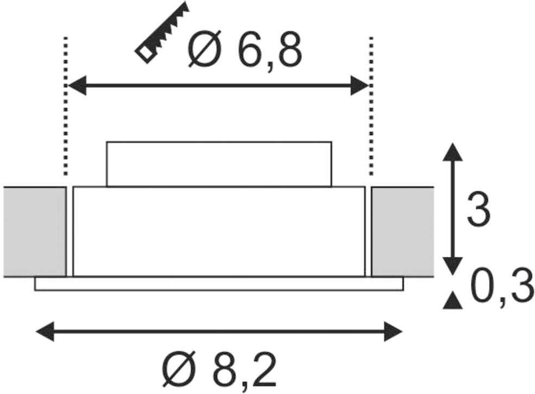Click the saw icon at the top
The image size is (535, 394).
[161, 33]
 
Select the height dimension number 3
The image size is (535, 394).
[478, 209]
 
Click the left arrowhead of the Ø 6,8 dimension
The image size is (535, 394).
[77, 85]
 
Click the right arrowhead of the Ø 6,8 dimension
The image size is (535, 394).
[359, 85]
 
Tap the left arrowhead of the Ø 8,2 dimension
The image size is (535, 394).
[45, 331]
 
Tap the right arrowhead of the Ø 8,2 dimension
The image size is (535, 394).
[393, 331]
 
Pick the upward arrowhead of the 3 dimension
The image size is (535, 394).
[452, 152]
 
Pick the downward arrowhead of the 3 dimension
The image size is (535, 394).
[452, 266]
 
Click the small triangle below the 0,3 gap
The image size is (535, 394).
[452, 300]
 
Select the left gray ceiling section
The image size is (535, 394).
[34, 232]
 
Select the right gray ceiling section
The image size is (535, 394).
[402, 232]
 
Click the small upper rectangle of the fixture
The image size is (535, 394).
[219, 164]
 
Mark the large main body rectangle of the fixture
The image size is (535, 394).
[219, 231]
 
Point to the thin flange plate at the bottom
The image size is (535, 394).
[219, 284]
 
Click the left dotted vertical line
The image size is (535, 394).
[66, 106]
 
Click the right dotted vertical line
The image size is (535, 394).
[371, 106]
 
